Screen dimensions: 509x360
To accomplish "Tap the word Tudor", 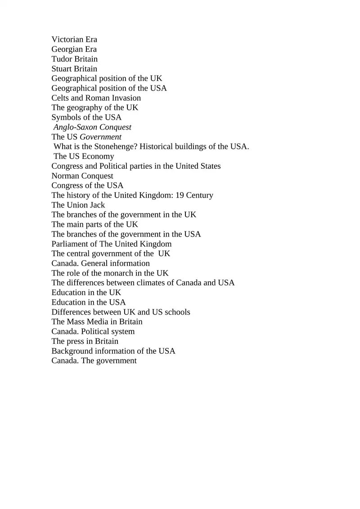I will click(62, 59).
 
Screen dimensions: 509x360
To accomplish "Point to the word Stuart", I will click(62, 69).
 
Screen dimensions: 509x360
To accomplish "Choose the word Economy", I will click(98, 157).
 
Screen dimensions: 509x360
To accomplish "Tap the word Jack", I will click(97, 205).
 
